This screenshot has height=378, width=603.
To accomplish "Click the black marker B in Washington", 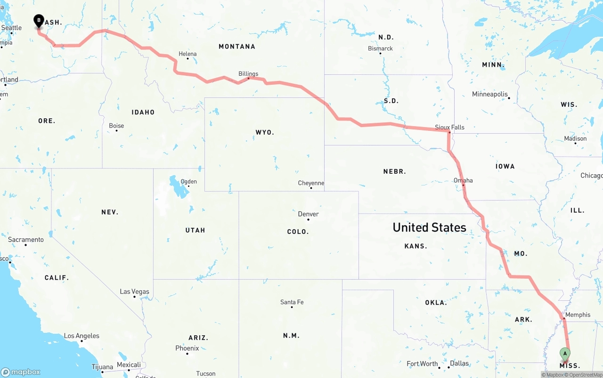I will click(39, 21).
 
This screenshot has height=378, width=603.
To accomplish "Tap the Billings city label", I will click(248, 74).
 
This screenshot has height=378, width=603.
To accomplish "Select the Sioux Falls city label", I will click(449, 127).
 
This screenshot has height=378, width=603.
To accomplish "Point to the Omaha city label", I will click(463, 180).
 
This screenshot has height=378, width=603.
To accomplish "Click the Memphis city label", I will click(578, 314).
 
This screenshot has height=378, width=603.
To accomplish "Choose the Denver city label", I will click(309, 214).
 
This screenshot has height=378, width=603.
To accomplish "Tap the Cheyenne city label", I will click(311, 183).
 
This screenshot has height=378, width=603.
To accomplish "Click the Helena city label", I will click(187, 54).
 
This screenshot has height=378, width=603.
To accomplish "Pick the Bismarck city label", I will click(380, 48).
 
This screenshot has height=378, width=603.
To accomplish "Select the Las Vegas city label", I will click(134, 291).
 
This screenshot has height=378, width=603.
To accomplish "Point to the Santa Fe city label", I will click(292, 302).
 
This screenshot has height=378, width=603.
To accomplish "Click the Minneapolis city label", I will click(490, 94).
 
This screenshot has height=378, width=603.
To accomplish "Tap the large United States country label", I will click(429, 227).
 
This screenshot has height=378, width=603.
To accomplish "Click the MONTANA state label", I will click(237, 47).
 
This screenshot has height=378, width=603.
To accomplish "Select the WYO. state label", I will click(265, 132).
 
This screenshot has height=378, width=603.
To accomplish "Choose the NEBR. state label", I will click(394, 171).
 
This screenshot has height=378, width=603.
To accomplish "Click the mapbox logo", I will click(21, 372).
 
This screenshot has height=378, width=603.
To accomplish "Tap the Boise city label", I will click(116, 126).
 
